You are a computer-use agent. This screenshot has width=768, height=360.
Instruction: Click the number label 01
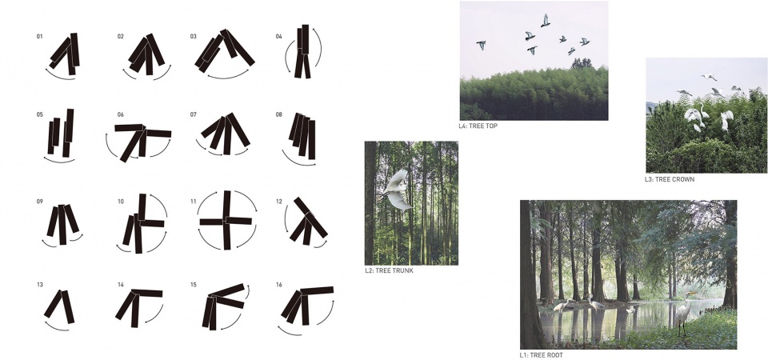(39, 37)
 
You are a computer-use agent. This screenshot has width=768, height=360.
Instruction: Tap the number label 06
(121, 115)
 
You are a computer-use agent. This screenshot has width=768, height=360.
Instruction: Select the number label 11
(194, 202)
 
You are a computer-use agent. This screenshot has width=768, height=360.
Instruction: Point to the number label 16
(279, 285)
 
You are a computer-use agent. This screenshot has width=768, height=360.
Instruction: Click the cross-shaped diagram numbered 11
(226, 221)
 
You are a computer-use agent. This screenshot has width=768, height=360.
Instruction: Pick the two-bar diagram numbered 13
(60, 306)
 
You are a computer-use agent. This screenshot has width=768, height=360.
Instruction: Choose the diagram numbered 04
(303, 51)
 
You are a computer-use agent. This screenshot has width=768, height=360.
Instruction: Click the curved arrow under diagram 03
(228, 78)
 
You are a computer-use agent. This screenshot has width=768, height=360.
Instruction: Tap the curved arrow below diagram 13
(56, 328)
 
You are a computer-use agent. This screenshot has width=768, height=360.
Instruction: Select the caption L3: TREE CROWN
(669, 179)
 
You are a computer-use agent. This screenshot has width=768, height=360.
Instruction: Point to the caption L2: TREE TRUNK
(389, 270)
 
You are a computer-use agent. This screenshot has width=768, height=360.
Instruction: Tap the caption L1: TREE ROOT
(542, 355)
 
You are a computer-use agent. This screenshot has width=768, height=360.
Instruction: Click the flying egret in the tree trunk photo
(397, 190)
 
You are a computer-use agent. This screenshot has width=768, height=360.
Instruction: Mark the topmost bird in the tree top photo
(545, 20)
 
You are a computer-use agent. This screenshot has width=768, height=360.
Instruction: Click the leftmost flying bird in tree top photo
(482, 45)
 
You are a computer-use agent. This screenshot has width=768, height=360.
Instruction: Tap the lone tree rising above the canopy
(582, 62)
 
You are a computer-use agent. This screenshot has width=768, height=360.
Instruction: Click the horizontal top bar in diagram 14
(146, 294)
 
